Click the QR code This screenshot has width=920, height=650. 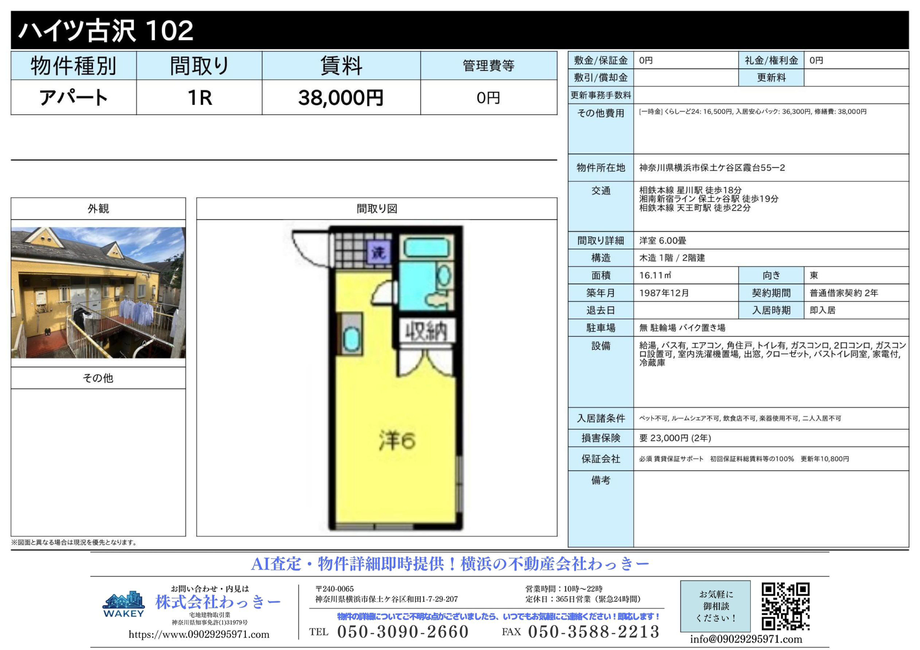coord(785,606)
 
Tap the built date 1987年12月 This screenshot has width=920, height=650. coord(664,293)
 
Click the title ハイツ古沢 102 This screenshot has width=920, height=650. coord(106,30)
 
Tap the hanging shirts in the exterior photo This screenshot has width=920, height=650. coord(136,309)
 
